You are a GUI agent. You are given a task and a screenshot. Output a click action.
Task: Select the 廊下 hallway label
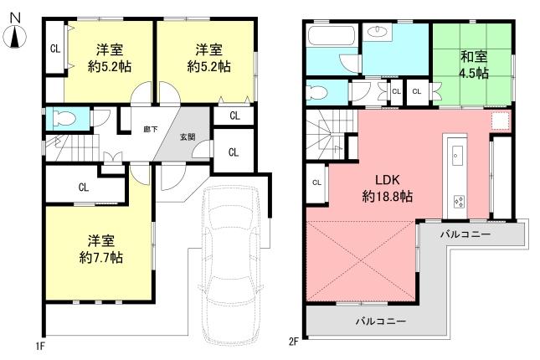pos(151,129)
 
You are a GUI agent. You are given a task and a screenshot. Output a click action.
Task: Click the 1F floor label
pos(39,343)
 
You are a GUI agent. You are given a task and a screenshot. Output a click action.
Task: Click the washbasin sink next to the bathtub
pos(377,34)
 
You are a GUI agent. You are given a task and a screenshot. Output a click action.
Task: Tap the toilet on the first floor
pos(64,118)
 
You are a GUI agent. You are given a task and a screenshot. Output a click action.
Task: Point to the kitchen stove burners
pos(459,201)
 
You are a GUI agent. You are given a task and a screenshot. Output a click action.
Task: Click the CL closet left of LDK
pos(316,183)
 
